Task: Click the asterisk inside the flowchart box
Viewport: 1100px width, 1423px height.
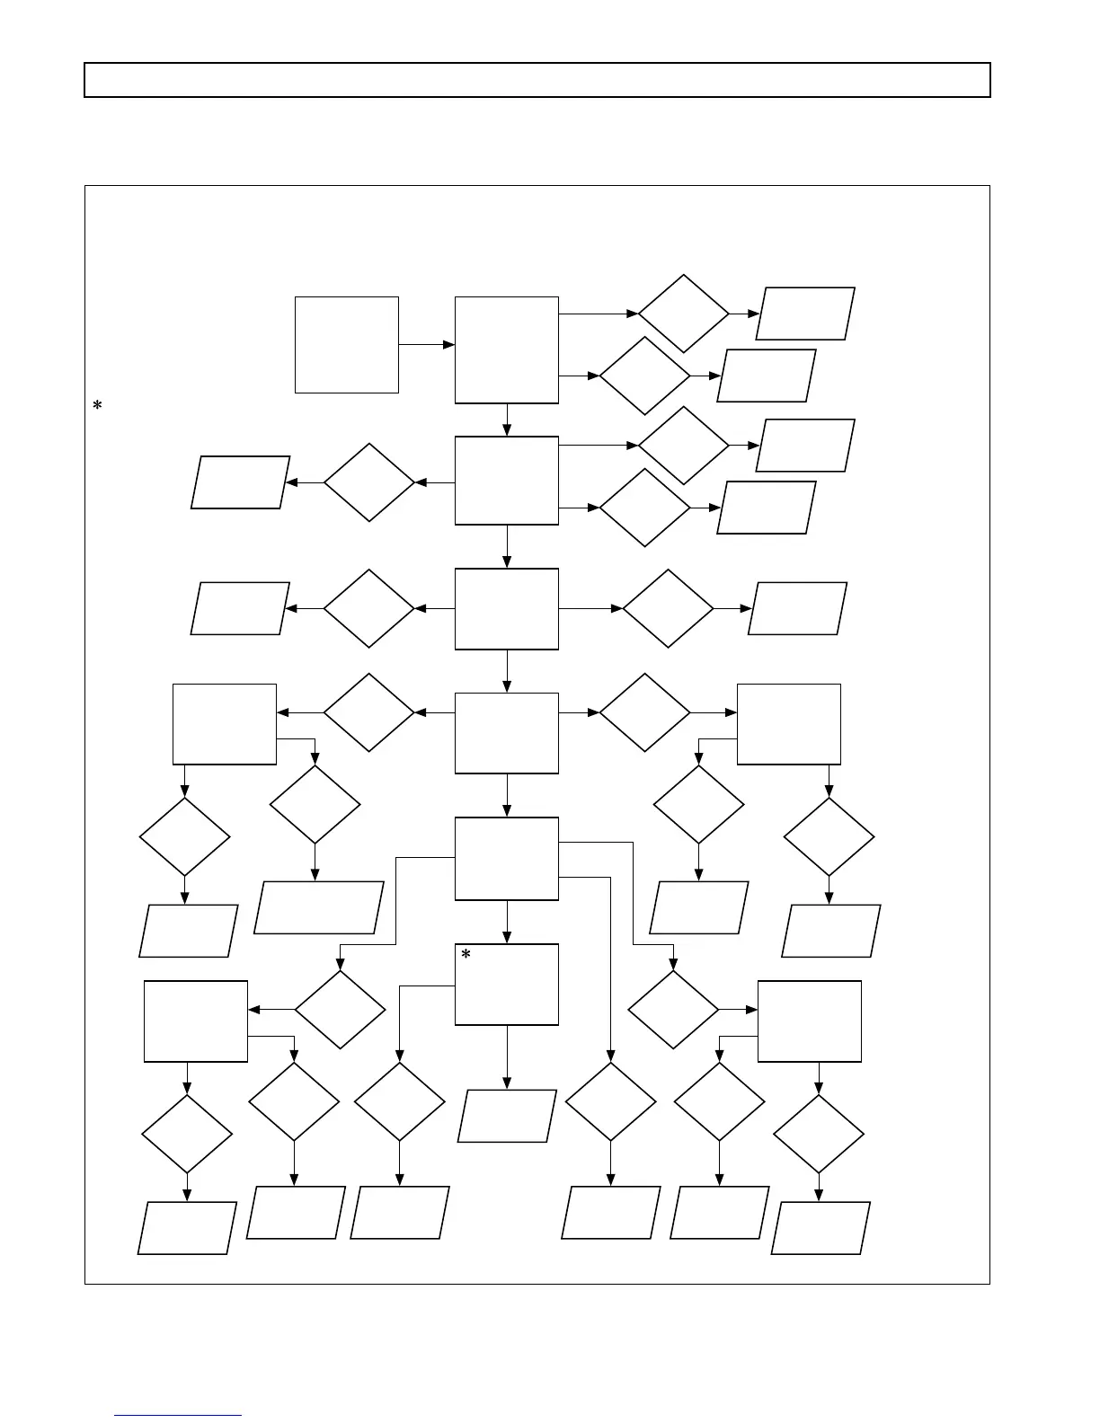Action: pyautogui.click(x=466, y=956)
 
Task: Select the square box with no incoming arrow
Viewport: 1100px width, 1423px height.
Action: pyautogui.click(x=346, y=344)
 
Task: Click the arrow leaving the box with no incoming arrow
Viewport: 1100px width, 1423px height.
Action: pyautogui.click(x=427, y=344)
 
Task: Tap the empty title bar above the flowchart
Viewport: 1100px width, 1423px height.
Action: pyautogui.click(x=537, y=80)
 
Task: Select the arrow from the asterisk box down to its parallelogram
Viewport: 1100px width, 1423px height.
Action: pyautogui.click(x=507, y=1057)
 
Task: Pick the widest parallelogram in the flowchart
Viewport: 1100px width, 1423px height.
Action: pyautogui.click(x=319, y=907)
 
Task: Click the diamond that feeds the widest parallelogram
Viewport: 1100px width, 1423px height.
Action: pyautogui.click(x=315, y=804)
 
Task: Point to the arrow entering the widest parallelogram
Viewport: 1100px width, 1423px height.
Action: pyautogui.click(x=315, y=862)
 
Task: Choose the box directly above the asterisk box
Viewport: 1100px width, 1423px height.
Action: pyautogui.click(x=507, y=858)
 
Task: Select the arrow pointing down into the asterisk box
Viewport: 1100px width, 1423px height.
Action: pyautogui.click(x=507, y=922)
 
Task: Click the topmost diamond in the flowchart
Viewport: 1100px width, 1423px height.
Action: pyautogui.click(x=683, y=314)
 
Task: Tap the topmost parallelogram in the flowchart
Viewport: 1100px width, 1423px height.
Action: pyautogui.click(x=805, y=314)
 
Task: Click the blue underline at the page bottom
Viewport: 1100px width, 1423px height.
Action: pyautogui.click(x=178, y=1415)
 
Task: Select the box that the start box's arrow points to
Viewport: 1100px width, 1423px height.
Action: pyautogui.click(x=507, y=349)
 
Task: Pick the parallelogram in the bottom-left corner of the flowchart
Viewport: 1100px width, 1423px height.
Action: pyautogui.click(x=187, y=1227)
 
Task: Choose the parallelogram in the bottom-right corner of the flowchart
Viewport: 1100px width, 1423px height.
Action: pyautogui.click(x=821, y=1227)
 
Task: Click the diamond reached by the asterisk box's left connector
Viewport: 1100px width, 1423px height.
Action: pyautogui.click(x=400, y=1101)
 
